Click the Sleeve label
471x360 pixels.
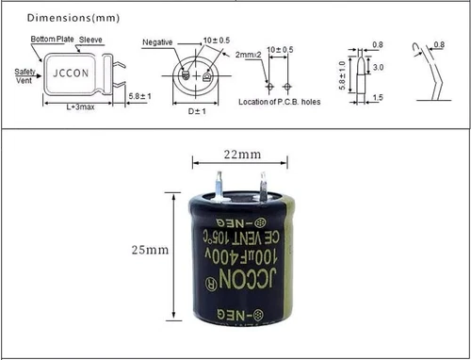(x=90, y=40)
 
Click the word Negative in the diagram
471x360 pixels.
(x=157, y=42)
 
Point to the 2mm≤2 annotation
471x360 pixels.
(x=248, y=55)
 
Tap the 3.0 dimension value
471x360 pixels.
(x=377, y=68)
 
